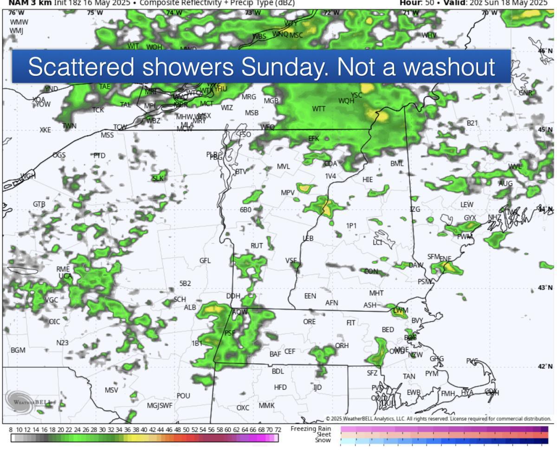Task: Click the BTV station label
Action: click(241, 172)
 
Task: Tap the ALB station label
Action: click(190, 307)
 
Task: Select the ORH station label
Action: click(342, 346)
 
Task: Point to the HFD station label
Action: click(280, 387)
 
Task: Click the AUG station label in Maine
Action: click(506, 184)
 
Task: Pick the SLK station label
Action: click(158, 178)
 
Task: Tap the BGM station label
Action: click(18, 350)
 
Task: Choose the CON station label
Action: click(371, 271)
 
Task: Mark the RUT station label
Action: click(257, 245)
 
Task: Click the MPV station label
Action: click(288, 192)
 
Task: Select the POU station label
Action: click(183, 396)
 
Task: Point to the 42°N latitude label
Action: click(545, 366)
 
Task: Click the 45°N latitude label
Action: click(545, 129)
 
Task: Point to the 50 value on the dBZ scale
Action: click(186, 430)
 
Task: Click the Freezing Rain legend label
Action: click(311, 428)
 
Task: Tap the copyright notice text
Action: click(438, 419)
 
